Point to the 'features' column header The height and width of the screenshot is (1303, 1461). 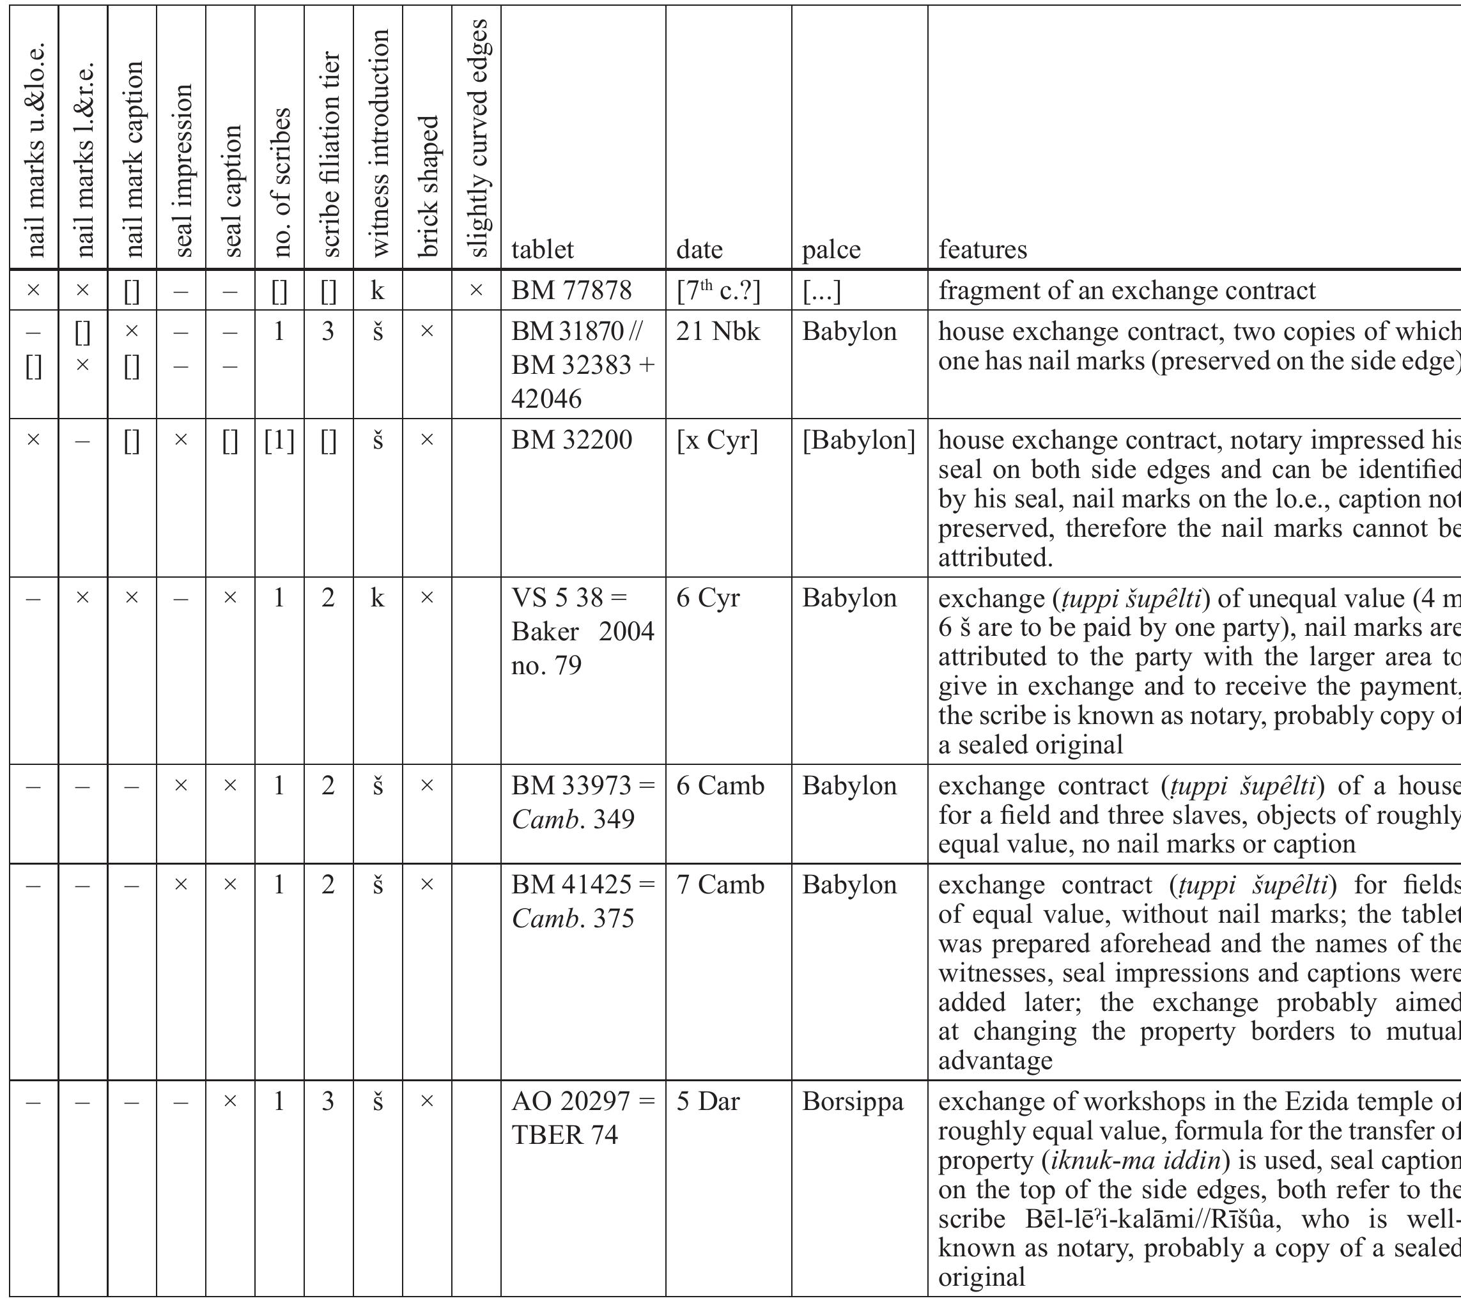point(982,250)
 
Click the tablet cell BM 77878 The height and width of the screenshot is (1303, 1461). point(571,291)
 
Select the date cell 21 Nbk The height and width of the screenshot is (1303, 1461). point(718,332)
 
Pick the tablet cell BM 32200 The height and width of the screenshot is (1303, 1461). point(571,440)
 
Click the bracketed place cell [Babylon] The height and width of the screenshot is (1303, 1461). point(858,440)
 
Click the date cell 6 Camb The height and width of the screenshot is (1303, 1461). point(720,786)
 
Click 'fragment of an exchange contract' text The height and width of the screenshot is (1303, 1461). point(1127,291)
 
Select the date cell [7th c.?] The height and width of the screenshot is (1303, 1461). point(718,291)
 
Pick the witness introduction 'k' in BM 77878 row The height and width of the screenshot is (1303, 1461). point(377,291)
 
